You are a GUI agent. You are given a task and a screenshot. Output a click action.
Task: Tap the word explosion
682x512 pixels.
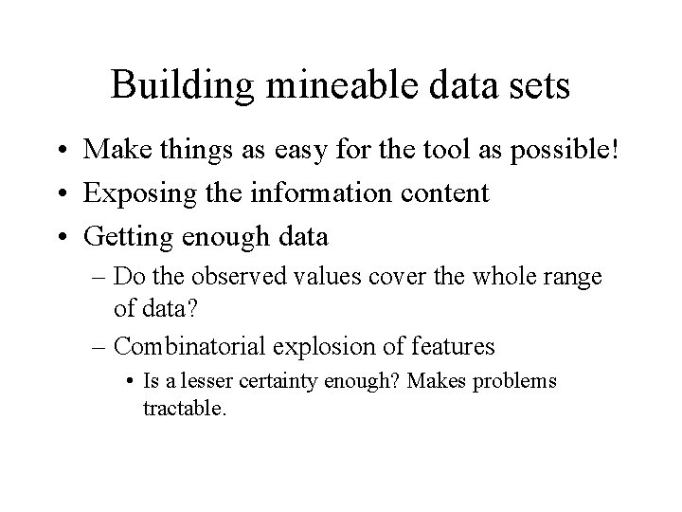pos(333,347)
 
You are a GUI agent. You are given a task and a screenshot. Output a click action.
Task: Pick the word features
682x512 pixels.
pos(454,347)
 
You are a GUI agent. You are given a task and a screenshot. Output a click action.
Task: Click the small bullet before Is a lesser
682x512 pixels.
pos(130,381)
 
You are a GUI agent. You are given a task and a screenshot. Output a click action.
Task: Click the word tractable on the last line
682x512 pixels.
pos(184,410)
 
